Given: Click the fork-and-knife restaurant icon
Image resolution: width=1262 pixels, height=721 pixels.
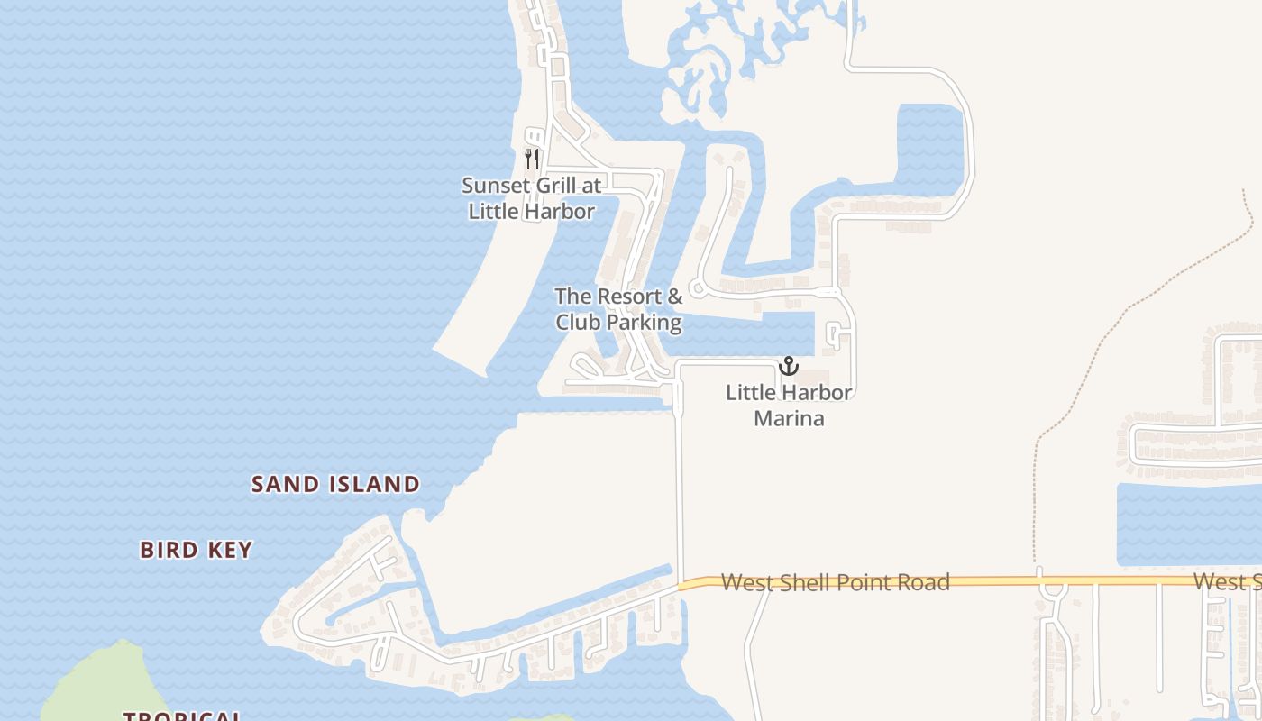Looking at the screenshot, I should tap(532, 159).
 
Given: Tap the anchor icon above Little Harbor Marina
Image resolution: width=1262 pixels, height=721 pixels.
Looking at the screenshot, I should tap(789, 366).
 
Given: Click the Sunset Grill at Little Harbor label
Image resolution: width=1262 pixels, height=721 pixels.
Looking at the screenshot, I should tap(531, 198).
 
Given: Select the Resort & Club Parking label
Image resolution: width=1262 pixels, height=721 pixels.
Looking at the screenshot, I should tap(618, 309).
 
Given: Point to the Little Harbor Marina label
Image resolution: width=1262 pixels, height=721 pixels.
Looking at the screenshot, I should tap(789, 406).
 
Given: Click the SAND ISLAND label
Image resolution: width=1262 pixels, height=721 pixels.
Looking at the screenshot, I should tap(335, 484).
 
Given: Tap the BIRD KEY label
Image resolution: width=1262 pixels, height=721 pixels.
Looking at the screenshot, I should tap(197, 550).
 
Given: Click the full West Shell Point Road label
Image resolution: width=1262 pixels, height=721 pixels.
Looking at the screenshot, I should tap(835, 582).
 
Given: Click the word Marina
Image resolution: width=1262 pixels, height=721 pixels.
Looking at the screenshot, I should tap(789, 418).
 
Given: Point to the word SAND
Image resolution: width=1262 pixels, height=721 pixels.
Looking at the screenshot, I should tap(286, 484).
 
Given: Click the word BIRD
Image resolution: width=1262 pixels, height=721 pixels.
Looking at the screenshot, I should tap(169, 550).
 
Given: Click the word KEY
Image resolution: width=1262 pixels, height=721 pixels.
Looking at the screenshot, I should tap(232, 550).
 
